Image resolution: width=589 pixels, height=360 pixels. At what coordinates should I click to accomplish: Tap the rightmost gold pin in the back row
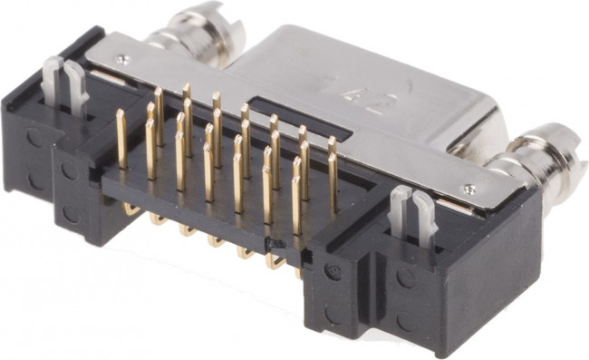coord(332,154)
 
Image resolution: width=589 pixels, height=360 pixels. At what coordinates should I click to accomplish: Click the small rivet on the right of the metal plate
coord(468,189)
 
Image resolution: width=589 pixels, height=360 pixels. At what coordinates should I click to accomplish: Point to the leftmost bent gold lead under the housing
coord(131,210)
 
